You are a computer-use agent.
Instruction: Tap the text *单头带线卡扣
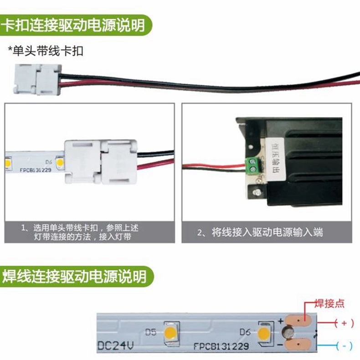46,50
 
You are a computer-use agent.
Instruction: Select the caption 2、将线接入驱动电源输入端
260,232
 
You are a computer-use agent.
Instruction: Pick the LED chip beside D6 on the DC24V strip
263,334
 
